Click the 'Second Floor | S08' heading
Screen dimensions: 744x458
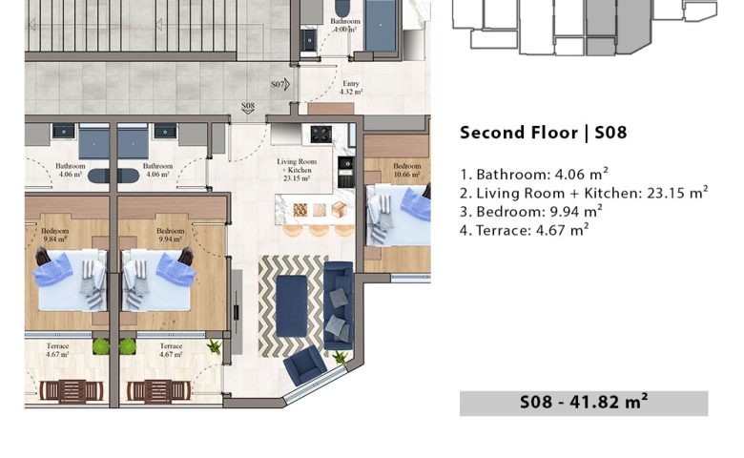tap(544, 133)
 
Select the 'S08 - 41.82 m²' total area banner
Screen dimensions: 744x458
tap(584, 403)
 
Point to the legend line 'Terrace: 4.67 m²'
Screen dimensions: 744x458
tap(525, 230)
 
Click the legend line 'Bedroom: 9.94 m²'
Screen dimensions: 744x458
tap(531, 211)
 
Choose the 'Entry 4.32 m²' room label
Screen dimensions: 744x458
tap(351, 88)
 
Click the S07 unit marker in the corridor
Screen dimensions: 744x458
tap(279, 85)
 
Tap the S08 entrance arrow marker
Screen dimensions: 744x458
tap(248, 108)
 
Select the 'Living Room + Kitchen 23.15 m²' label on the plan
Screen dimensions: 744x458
tap(297, 170)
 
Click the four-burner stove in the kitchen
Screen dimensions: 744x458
tap(321, 134)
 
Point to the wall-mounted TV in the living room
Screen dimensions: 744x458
tap(237, 311)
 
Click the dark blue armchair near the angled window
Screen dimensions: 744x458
tap(304, 364)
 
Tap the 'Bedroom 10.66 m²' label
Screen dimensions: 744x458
tap(406, 170)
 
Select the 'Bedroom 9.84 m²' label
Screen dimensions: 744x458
tap(55, 235)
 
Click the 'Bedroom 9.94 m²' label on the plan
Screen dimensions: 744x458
tap(171, 235)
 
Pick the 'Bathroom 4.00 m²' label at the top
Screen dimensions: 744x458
tap(345, 25)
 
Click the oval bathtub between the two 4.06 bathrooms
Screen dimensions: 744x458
tap(114, 176)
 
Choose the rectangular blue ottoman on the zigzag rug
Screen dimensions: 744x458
tap(292, 306)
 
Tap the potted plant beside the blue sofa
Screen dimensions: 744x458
tap(341, 358)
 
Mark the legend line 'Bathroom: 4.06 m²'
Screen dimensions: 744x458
tap(534, 174)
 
